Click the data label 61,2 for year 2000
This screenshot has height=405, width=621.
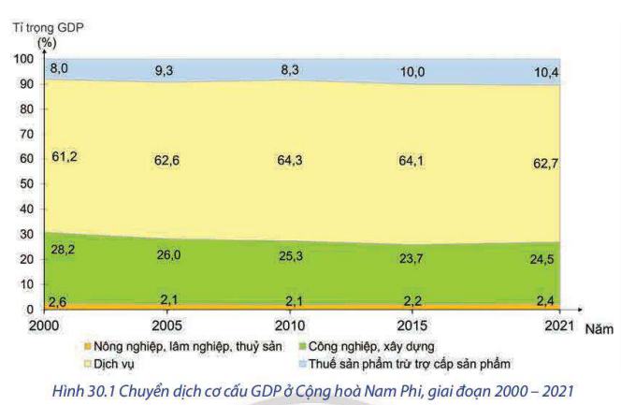pyautogui.click(x=64, y=156)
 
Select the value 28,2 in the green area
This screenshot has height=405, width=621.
pyautogui.click(x=64, y=251)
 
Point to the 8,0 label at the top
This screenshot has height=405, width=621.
pyautogui.click(x=59, y=68)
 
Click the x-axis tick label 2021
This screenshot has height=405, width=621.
pyautogui.click(x=558, y=324)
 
